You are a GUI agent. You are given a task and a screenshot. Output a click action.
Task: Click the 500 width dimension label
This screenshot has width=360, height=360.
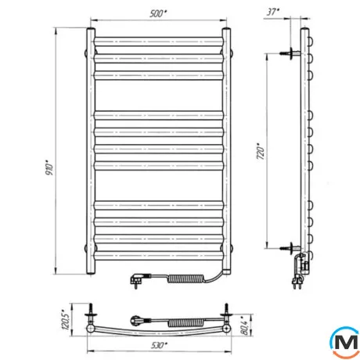pyautogui.click(x=158, y=13)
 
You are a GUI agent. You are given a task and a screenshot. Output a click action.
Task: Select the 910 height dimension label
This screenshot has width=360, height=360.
pyautogui.click(x=49, y=167)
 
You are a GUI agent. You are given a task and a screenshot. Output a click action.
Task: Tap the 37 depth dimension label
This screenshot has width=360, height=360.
pyautogui.click(x=273, y=12)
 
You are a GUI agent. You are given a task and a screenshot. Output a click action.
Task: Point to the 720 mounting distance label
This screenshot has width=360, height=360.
pyautogui.click(x=261, y=151)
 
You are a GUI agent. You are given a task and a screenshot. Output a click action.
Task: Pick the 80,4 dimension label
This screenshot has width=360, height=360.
pyautogui.click(x=245, y=326)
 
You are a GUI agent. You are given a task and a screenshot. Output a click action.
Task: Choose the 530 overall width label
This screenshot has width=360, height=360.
pyautogui.click(x=159, y=345)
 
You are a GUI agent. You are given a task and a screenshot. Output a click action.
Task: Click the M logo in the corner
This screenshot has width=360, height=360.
pyautogui.click(x=345, y=342)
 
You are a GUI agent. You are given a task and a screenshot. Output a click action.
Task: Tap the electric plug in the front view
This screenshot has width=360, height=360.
pyautogui.click(x=139, y=279)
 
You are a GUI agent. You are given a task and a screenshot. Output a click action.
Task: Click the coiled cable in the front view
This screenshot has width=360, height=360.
pyautogui.click(x=185, y=279)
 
